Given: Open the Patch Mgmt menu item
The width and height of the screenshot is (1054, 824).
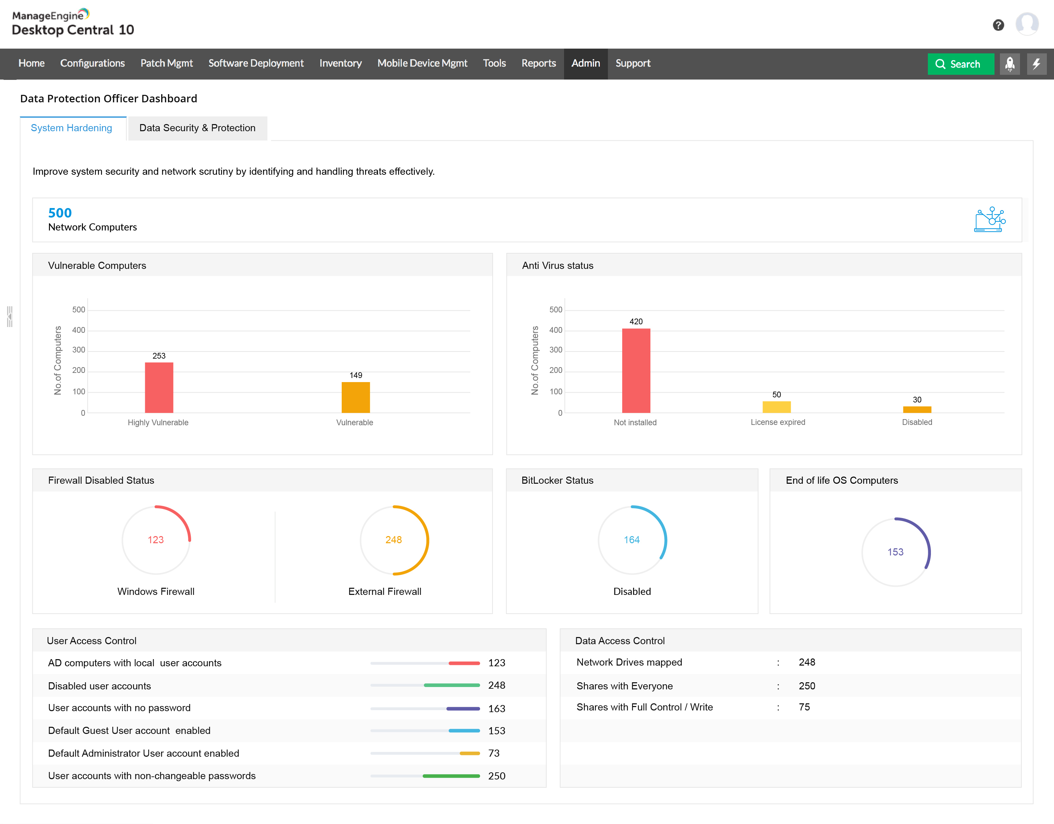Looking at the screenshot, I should (167, 63).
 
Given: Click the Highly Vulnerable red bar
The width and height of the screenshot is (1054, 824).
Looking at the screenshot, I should (159, 388).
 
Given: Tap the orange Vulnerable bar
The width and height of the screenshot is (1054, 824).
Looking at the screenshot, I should (356, 397).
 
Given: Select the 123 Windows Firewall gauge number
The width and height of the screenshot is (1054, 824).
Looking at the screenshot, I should (155, 540).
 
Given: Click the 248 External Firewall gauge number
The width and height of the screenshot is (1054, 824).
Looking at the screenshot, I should (393, 540).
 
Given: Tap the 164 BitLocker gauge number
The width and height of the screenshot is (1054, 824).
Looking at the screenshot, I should (631, 540).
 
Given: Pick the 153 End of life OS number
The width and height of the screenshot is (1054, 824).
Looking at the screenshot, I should (895, 552).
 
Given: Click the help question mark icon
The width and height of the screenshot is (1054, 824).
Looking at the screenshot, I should (998, 25).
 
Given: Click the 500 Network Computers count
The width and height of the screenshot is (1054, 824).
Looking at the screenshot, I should (60, 213).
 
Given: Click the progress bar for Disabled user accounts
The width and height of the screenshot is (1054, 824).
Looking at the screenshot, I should (425, 685).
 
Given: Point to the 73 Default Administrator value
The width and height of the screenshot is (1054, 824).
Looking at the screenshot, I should (494, 753).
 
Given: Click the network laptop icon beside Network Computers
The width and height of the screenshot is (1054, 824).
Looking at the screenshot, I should (989, 220).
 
